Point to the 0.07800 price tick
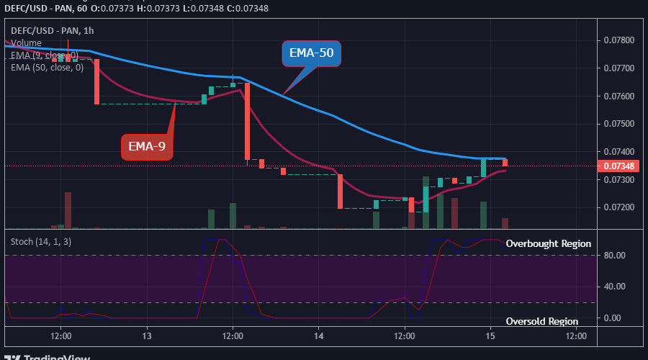(x=619, y=40)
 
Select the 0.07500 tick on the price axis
(x=619, y=124)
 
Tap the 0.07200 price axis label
(x=619, y=207)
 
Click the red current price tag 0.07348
(x=618, y=166)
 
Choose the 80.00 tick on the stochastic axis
(x=614, y=255)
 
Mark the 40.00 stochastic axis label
(x=614, y=287)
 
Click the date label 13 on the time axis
(x=147, y=336)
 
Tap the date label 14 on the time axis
(x=320, y=336)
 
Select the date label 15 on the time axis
(x=490, y=336)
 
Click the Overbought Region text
(x=548, y=244)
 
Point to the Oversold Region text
(x=542, y=321)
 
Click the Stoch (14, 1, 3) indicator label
(x=41, y=241)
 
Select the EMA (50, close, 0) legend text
(x=48, y=68)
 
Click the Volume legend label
(x=26, y=43)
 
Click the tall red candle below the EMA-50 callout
(x=247, y=121)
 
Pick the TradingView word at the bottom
(x=58, y=356)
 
